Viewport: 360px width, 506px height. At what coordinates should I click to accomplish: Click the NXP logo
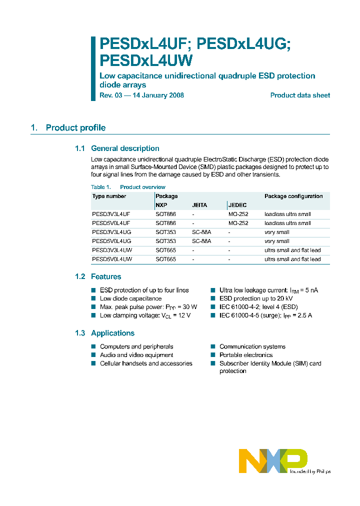click(273, 460)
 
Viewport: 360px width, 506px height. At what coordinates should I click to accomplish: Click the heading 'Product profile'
click(75, 128)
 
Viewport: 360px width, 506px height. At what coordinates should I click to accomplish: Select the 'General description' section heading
click(125, 148)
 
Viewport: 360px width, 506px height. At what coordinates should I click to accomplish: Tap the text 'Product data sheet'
click(300, 95)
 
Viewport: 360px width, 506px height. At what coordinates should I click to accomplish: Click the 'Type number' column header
click(109, 196)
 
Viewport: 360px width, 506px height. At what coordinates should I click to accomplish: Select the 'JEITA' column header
click(199, 205)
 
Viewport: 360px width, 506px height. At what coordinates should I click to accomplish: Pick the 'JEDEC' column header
click(237, 205)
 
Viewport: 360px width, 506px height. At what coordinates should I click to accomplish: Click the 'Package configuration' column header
click(293, 196)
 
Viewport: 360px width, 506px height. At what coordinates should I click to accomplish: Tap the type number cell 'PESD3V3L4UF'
click(111, 214)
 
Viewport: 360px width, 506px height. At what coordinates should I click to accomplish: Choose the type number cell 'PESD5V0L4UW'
click(112, 259)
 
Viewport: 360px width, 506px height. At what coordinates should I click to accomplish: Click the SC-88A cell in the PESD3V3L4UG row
click(201, 232)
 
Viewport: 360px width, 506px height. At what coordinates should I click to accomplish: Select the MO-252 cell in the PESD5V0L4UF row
click(238, 223)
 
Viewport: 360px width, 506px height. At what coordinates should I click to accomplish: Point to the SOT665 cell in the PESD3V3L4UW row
click(165, 250)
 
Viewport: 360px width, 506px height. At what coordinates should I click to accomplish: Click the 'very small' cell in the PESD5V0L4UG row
click(276, 241)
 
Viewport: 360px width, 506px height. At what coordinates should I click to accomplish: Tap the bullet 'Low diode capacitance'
click(130, 298)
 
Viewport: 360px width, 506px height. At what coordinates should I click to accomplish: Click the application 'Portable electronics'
click(246, 355)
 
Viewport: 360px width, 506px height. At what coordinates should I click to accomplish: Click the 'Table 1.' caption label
click(101, 187)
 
